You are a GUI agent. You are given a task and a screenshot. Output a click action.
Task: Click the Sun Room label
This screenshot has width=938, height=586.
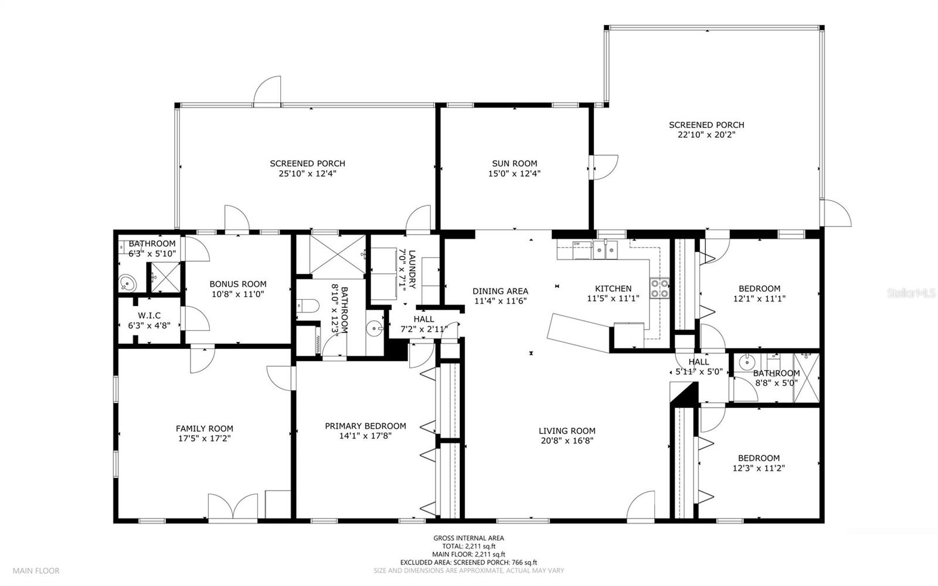pyautogui.click(x=514, y=163)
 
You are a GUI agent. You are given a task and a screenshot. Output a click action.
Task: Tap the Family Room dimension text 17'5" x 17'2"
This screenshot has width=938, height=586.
pyautogui.click(x=205, y=439)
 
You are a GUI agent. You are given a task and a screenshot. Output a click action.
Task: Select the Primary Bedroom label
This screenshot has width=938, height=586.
pyautogui.click(x=366, y=426)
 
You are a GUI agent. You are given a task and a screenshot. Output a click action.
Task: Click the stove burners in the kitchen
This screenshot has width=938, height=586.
pyautogui.click(x=660, y=288)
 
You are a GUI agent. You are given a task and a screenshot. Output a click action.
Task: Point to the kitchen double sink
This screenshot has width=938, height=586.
pyautogui.click(x=605, y=250)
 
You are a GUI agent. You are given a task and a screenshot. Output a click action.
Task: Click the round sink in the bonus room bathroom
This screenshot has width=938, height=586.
pyautogui.click(x=127, y=283)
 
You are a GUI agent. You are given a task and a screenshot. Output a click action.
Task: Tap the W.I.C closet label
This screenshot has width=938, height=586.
pyautogui.click(x=149, y=316)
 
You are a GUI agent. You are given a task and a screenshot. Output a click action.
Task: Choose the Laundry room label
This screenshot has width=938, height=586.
pyautogui.click(x=412, y=269)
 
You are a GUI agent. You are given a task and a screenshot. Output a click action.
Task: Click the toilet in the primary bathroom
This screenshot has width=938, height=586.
pyautogui.click(x=308, y=306)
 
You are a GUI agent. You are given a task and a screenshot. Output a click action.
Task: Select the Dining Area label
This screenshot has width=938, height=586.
pyautogui.click(x=501, y=291)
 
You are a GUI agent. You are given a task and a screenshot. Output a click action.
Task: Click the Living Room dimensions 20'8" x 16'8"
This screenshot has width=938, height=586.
pyautogui.click(x=567, y=441)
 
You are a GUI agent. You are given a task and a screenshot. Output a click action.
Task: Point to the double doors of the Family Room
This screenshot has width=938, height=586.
pyautogui.click(x=233, y=507)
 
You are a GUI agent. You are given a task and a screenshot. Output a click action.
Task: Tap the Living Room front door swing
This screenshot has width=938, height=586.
pyautogui.click(x=641, y=506)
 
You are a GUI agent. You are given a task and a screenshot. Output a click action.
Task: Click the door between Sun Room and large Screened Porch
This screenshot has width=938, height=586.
pyautogui.click(x=603, y=168)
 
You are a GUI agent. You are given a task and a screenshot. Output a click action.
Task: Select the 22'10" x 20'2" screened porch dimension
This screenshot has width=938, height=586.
pyautogui.click(x=706, y=135)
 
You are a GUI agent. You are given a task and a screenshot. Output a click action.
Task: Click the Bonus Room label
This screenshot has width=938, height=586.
pyautogui.click(x=238, y=284)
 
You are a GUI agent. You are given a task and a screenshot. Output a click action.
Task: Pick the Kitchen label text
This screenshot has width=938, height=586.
pyautogui.click(x=613, y=289)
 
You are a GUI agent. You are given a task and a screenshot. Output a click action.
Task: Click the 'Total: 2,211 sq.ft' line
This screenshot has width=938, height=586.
pyautogui.click(x=468, y=546)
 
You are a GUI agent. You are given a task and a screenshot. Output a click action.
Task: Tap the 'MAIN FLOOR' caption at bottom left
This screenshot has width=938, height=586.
pyautogui.click(x=36, y=571)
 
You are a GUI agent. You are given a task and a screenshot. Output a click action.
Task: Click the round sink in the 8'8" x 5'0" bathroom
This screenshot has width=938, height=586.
pyautogui.click(x=747, y=363)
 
